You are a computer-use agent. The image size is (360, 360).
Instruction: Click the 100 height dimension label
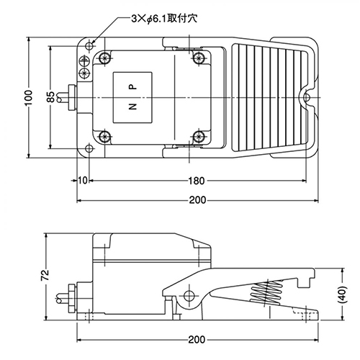click(29, 97)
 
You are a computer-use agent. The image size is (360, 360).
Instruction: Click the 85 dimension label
click(51, 97)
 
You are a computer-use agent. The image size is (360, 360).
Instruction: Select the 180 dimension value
click(197, 181)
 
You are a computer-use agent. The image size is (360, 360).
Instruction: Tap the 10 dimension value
click(83, 181)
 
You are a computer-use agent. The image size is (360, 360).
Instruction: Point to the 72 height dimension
click(45, 275)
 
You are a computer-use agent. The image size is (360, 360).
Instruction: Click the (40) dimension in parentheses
click(343, 294)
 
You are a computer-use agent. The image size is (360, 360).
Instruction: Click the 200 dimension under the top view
click(197, 200)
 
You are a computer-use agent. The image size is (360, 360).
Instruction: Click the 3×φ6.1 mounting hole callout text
click(164, 19)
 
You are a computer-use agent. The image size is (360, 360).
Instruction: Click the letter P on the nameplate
click(132, 87)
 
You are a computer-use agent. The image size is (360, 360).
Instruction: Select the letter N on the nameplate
click(132, 107)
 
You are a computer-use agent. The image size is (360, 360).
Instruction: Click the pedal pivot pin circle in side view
click(189, 296)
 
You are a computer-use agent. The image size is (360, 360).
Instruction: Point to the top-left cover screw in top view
click(104, 58)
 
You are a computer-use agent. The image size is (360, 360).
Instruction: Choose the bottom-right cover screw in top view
click(198, 137)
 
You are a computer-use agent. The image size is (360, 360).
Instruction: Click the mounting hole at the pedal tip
click(307, 98)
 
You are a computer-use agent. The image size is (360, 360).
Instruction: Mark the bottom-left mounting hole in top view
click(89, 148)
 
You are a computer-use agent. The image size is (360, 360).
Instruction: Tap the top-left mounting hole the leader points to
click(89, 45)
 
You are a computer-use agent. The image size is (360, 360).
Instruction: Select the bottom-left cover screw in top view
click(104, 137)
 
